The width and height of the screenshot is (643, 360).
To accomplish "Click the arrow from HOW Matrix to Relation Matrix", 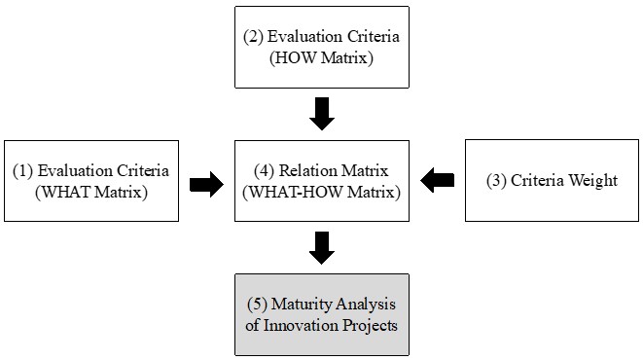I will [x=321, y=114].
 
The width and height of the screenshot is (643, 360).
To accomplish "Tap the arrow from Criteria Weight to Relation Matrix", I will [x=437, y=179].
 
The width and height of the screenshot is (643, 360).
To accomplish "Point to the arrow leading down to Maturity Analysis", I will [x=321, y=247].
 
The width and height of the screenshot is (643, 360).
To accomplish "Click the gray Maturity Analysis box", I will [x=321, y=314].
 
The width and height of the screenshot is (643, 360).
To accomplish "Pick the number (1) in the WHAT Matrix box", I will [x=23, y=171].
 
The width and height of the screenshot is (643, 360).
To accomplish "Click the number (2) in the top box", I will [x=254, y=38].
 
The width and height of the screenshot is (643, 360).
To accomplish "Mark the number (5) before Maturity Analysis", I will [x=257, y=305].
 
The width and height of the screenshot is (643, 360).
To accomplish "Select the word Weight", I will [x=593, y=181].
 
